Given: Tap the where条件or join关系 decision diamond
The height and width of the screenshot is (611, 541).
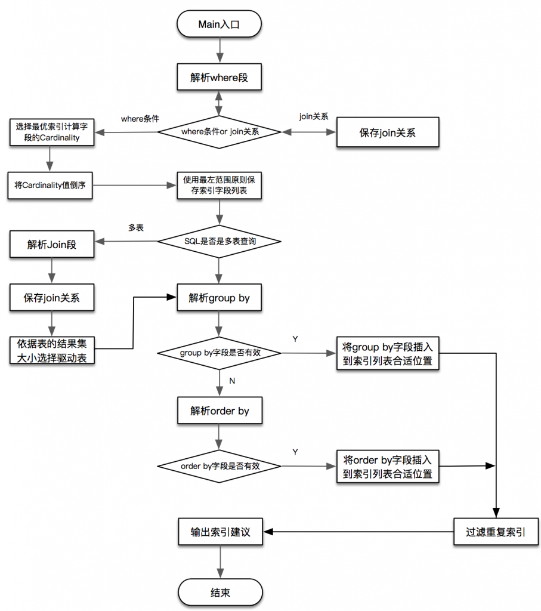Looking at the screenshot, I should pyautogui.click(x=220, y=131).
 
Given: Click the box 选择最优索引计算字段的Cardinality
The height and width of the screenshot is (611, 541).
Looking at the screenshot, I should pyautogui.click(x=52, y=132).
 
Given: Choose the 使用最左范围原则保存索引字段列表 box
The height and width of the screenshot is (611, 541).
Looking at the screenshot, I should pyautogui.click(x=220, y=186).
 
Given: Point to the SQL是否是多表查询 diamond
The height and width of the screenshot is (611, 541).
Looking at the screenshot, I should pyautogui.click(x=220, y=241).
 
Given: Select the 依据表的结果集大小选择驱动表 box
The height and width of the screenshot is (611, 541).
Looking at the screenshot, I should pyautogui.click(x=52, y=351).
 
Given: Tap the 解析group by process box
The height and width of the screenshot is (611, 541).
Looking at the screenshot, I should pyautogui.click(x=220, y=298).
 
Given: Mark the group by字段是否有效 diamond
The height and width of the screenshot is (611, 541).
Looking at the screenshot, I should pyautogui.click(x=220, y=353).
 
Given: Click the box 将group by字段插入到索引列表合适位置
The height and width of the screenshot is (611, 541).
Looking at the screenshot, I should pyautogui.click(x=388, y=353).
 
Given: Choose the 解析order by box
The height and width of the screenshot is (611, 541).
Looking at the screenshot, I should pyautogui.click(x=220, y=411).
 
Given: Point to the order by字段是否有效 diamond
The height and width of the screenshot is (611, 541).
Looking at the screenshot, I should pyautogui.click(x=220, y=465).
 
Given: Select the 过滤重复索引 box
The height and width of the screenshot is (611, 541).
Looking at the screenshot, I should pyautogui.click(x=496, y=532).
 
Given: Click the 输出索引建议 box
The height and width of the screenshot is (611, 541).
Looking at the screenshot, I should pyautogui.click(x=220, y=532).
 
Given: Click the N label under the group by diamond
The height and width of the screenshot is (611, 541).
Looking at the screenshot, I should pyautogui.click(x=231, y=380).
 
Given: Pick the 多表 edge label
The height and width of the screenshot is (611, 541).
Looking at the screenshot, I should pyautogui.click(x=135, y=227).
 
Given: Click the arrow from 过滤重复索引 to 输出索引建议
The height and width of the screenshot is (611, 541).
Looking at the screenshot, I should pyautogui.click(x=358, y=532).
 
